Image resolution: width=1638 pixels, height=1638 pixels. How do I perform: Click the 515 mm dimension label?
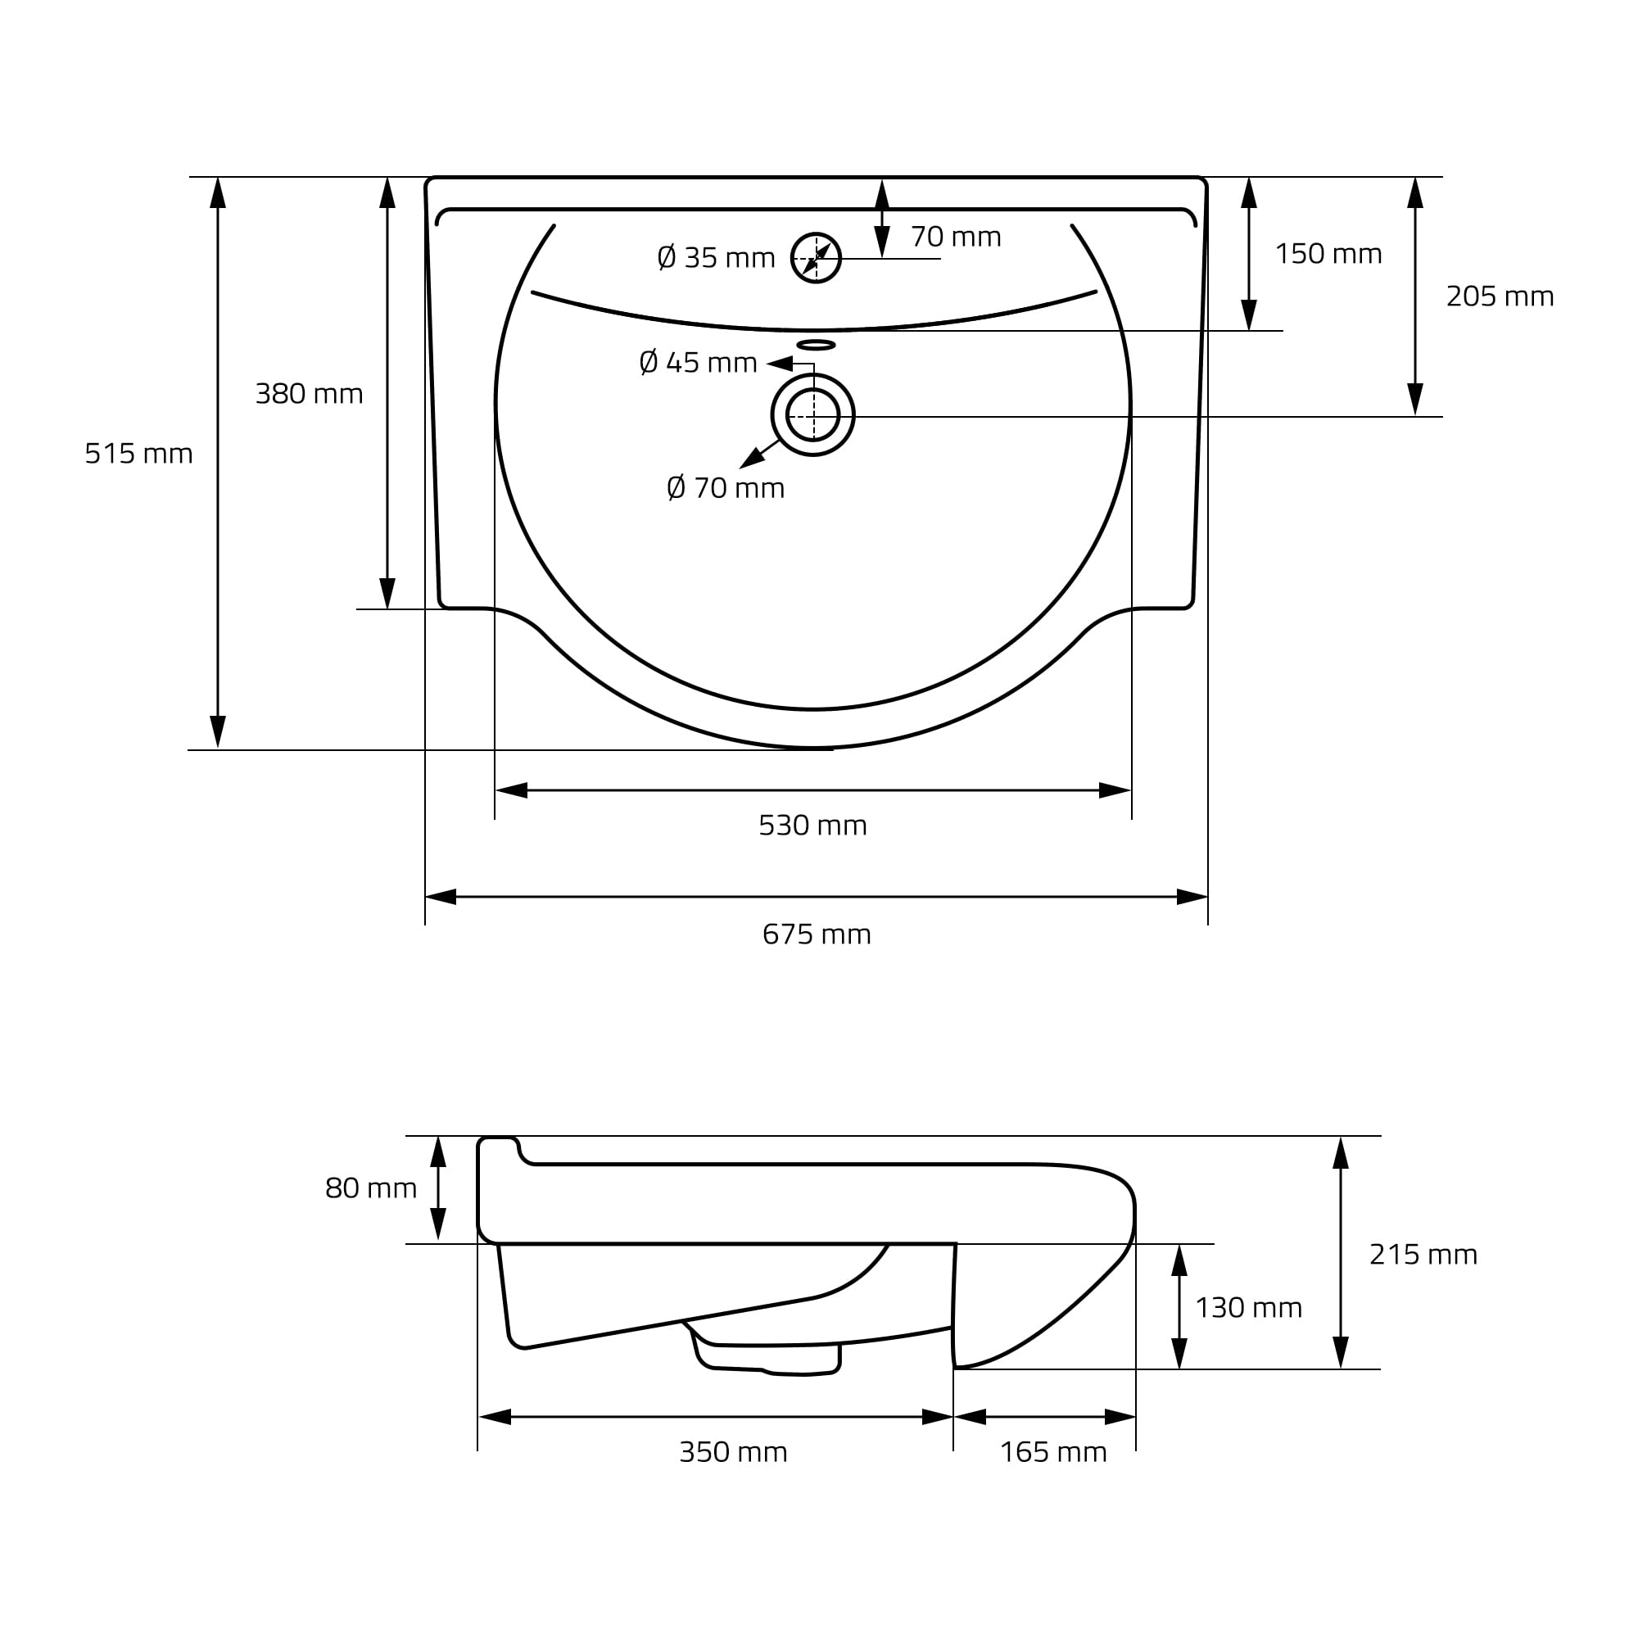(x=139, y=454)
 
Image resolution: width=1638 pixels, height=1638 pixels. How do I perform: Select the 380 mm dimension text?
(x=309, y=393)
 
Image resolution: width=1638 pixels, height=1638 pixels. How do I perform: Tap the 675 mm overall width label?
(x=816, y=934)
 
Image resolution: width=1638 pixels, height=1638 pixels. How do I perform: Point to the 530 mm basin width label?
(x=812, y=825)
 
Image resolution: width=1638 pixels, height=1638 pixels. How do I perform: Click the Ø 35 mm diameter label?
(x=716, y=257)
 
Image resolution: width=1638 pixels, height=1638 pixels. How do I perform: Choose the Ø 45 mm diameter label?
(x=697, y=362)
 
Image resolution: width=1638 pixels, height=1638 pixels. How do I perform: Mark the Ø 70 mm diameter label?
(x=725, y=487)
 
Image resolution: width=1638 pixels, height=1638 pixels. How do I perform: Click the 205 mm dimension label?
(x=1499, y=296)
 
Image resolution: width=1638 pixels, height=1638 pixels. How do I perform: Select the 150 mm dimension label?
(x=1328, y=254)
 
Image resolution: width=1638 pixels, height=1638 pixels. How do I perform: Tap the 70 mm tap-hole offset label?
(x=956, y=237)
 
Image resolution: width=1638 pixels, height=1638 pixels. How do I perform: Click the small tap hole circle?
(x=816, y=258)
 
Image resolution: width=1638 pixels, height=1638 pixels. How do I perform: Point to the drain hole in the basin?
(x=812, y=414)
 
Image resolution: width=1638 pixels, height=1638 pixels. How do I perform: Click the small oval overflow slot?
(x=816, y=344)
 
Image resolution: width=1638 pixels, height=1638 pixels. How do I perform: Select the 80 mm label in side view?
(x=370, y=1188)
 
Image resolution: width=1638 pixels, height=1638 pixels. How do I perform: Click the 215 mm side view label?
(x=1423, y=1254)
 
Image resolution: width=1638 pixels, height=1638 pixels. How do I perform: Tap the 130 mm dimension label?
(x=1248, y=1307)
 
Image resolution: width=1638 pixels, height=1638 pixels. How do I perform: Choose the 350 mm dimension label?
(x=732, y=1451)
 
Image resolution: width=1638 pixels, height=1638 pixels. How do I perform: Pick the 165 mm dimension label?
(x=1053, y=1451)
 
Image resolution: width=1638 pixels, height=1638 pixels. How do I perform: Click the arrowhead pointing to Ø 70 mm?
(x=751, y=459)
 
